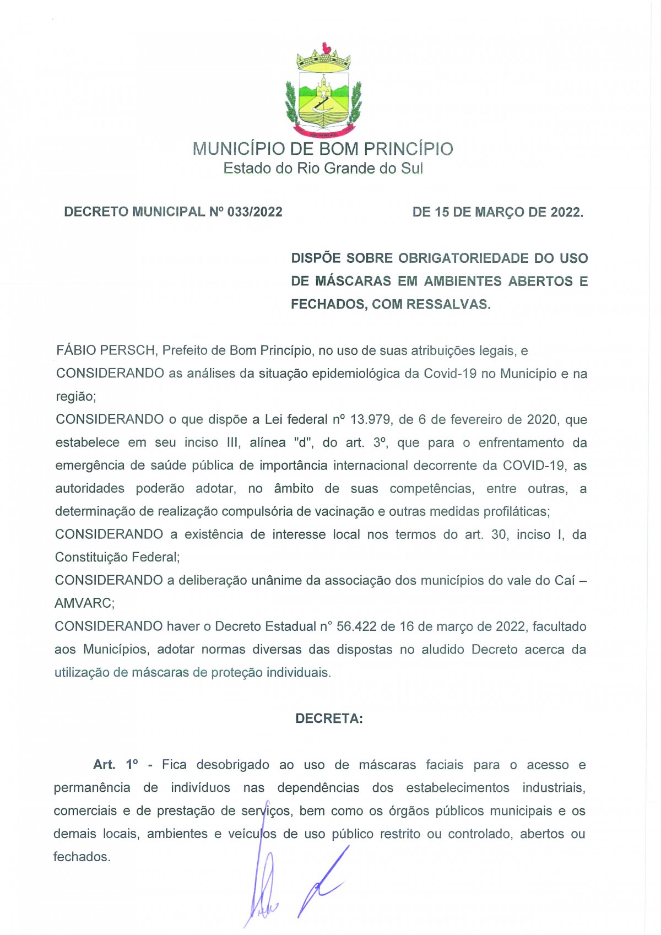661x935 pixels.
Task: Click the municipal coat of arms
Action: click(323, 91)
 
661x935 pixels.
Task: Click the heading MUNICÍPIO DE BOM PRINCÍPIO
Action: click(323, 149)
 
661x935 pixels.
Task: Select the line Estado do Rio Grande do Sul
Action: click(323, 168)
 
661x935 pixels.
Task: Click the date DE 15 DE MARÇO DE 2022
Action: click(497, 212)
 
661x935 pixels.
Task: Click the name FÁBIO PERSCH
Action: click(107, 351)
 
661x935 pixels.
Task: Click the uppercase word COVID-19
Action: click(533, 466)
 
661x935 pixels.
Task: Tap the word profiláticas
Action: click(516, 512)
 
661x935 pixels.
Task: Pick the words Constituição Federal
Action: click(117, 558)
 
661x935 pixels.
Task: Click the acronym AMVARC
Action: click(84, 603)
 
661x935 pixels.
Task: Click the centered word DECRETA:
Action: click(329, 718)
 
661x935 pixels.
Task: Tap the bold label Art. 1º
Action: click(115, 765)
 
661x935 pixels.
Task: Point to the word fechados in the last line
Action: click(81, 857)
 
